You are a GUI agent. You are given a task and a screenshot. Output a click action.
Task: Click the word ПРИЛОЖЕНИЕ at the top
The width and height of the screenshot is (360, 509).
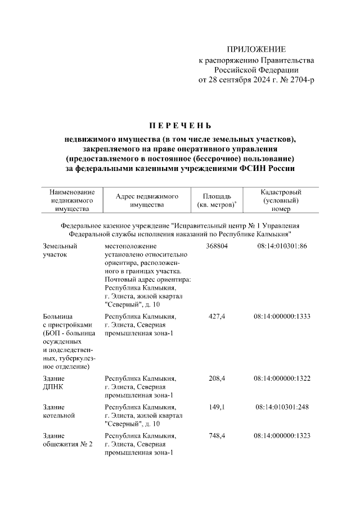[256, 49]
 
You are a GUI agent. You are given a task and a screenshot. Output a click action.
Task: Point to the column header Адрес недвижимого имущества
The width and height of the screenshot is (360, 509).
[147, 200]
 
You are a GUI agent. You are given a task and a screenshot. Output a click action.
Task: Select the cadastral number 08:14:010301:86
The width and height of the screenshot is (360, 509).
[282, 246]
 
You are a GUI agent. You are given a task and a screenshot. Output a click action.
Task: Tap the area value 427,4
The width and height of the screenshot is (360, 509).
[217, 317]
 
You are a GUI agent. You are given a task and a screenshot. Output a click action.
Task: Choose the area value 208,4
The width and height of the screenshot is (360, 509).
[217, 377]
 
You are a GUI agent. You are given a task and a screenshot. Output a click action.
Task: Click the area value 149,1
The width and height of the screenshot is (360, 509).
[217, 407]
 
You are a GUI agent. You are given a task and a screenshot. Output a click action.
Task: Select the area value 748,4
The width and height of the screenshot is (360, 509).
[217, 436]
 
